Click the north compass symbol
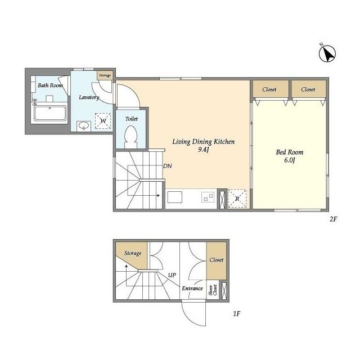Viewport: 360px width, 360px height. coord(327,53)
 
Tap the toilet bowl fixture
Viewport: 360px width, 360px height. coord(131,137)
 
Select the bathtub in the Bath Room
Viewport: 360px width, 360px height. coord(50,113)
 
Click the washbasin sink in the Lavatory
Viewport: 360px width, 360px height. coord(84,126)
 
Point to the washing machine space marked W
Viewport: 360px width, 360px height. coord(103,121)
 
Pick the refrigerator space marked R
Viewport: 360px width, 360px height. coord(237,199)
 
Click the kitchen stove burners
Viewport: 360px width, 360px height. coord(208,197)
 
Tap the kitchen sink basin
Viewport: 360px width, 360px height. coord(175,197)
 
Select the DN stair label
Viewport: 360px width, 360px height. coord(168,166)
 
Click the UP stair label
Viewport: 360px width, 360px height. coord(172,275)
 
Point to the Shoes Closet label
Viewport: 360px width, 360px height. coord(213,290)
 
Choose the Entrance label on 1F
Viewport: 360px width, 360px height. coord(192,288)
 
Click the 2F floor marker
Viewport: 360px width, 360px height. coord(333,219)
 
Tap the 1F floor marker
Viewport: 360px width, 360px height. coord(236,313)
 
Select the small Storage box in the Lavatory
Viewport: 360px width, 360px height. coord(105,75)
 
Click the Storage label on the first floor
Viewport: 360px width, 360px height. coord(133,253)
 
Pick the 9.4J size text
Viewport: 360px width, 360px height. coord(204,150)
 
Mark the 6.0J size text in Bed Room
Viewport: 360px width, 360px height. coord(290,160)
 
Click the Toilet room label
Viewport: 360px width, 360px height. coord(132,119)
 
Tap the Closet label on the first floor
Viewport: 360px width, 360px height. coord(216,260)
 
